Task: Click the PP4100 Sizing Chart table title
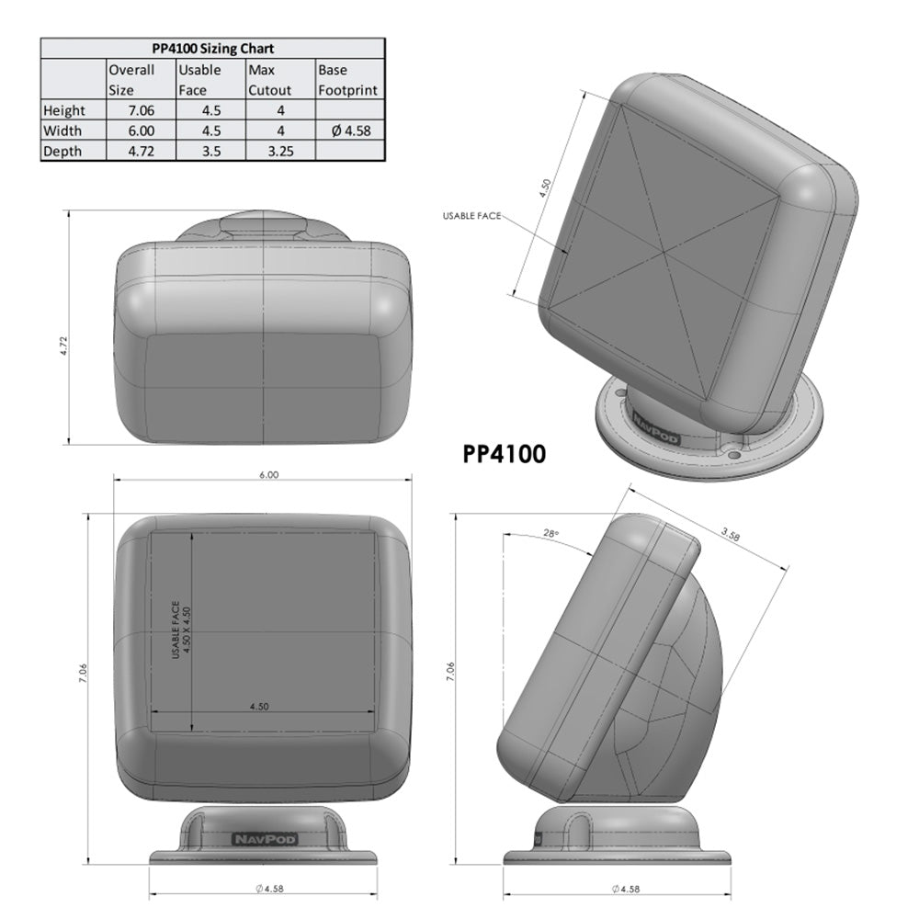coord(211,49)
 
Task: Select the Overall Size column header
coord(130,80)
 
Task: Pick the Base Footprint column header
coord(347,80)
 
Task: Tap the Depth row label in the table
coord(62,152)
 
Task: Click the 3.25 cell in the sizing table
coord(280,152)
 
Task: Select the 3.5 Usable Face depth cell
coord(211,152)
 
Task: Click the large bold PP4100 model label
coord(504,454)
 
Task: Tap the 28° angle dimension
coord(551,533)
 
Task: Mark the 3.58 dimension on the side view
coord(731,532)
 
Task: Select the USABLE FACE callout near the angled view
coord(471,216)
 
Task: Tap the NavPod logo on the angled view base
coord(651,427)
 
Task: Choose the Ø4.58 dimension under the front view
coord(267,889)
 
